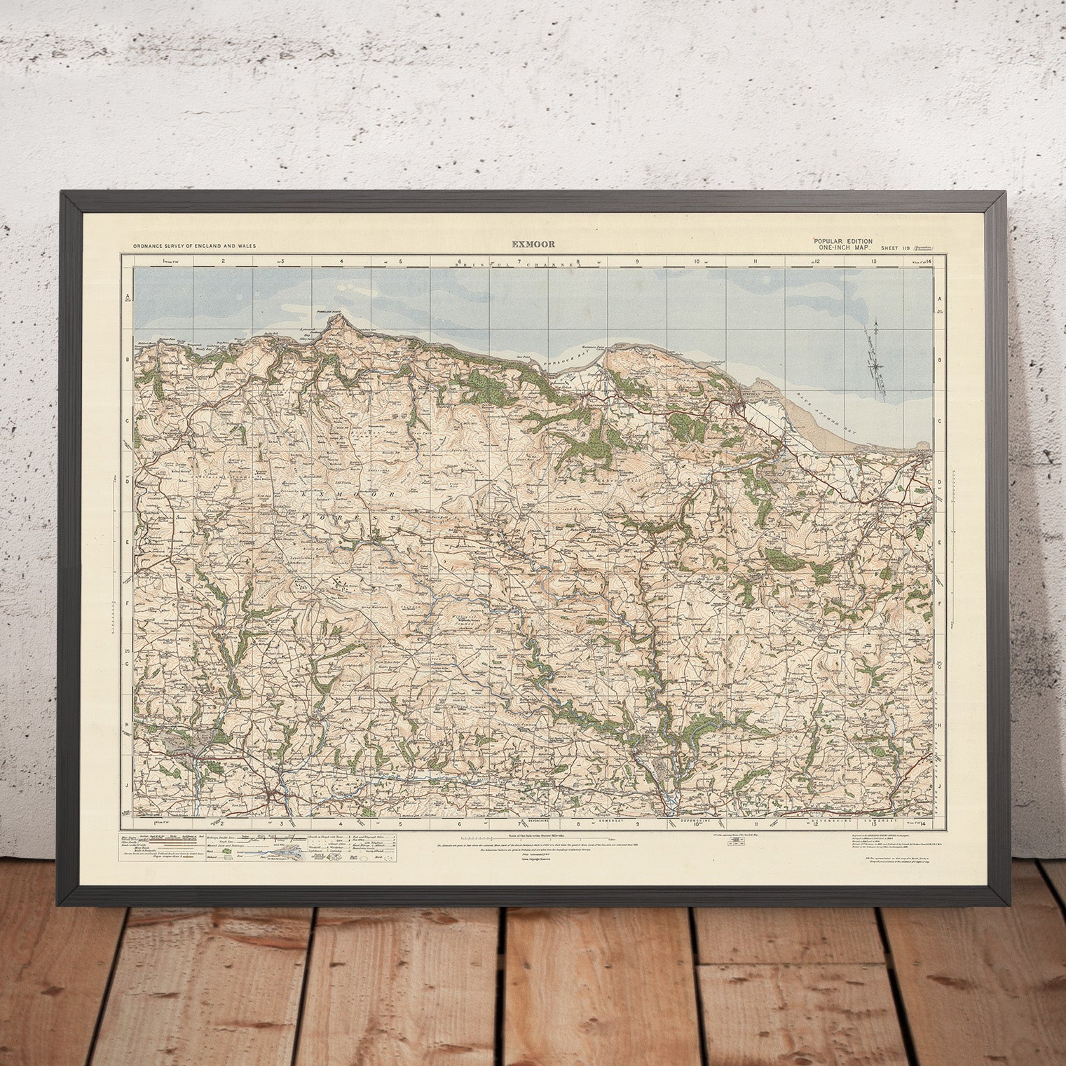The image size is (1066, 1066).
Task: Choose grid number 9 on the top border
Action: coord(637,261)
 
